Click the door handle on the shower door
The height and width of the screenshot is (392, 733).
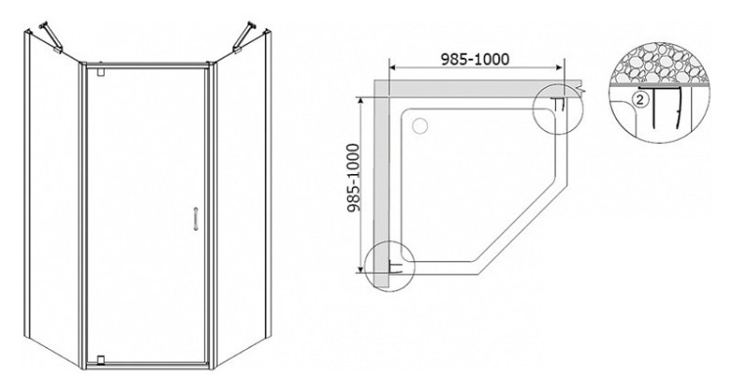pos(197,218)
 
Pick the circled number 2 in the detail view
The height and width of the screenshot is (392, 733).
pos(639,99)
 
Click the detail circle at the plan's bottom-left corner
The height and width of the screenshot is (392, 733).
pos(389,266)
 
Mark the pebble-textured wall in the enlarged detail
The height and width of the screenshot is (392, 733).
pos(654,64)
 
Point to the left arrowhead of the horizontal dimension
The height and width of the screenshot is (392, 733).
pos(393,69)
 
